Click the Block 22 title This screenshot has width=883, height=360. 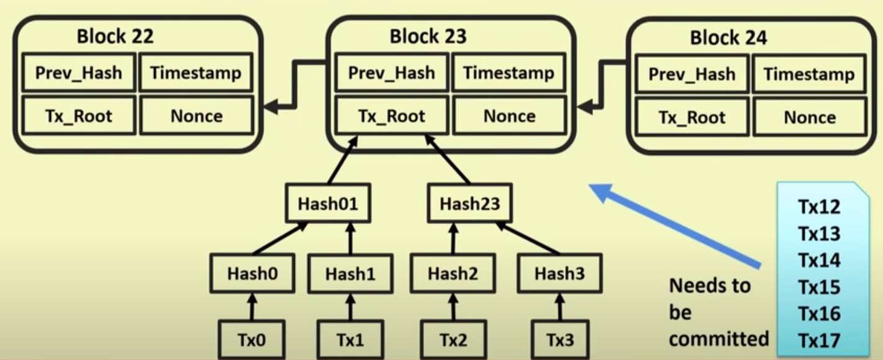[x=115, y=36]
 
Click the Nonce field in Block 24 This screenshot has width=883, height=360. [x=809, y=117]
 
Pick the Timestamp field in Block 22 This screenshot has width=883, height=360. [x=196, y=73]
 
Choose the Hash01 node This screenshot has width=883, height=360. [x=328, y=203]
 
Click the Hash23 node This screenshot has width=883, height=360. [x=469, y=203]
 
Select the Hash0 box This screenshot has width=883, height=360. [x=251, y=273]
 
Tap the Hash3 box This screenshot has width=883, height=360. [x=559, y=273]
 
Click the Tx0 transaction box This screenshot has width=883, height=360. [x=251, y=340]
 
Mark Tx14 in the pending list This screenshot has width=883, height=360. [x=819, y=260]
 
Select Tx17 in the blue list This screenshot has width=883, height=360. [x=819, y=340]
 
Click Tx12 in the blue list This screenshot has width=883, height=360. [x=819, y=207]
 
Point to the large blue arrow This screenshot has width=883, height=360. [x=677, y=227]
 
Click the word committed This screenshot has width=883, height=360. [x=718, y=339]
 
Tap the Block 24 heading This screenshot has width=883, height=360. [x=728, y=38]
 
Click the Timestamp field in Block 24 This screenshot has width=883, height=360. [x=809, y=74]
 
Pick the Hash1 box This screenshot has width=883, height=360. [x=350, y=274]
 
